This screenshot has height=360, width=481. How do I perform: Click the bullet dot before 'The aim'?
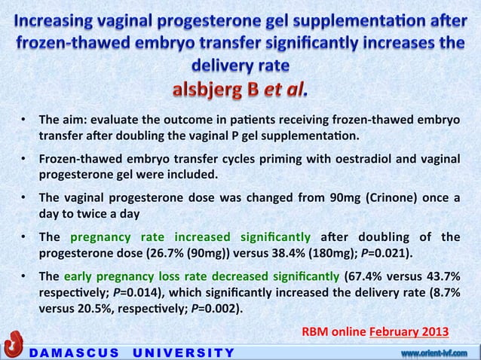pyautogui.click(x=25, y=121)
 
